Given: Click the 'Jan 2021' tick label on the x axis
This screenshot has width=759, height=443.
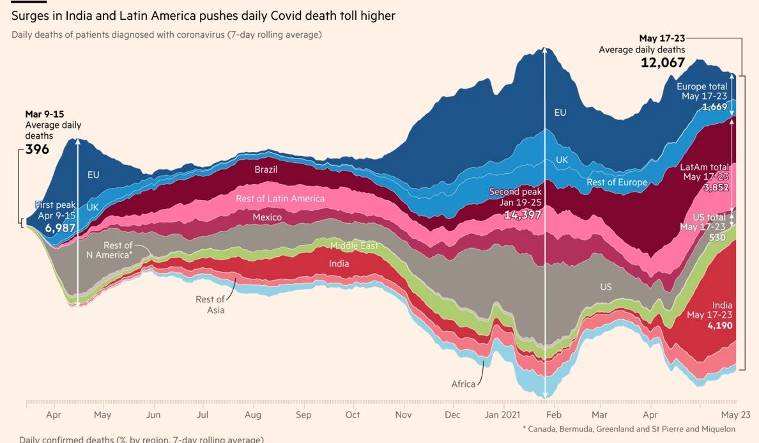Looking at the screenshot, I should click(503, 415).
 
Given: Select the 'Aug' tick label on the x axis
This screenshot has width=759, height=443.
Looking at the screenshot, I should click(252, 415).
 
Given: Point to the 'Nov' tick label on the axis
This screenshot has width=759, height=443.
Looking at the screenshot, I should click(403, 415).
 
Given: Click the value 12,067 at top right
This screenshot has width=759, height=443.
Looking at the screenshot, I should click(663, 63).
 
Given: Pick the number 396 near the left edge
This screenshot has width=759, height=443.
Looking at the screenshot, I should click(37, 150).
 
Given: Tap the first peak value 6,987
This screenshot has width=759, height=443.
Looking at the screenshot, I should click(60, 228).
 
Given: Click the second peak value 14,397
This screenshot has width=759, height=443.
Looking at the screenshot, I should click(523, 215).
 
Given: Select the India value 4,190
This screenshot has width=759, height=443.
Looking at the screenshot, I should click(719, 325).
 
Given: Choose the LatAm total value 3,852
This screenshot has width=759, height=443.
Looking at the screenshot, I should click(716, 187).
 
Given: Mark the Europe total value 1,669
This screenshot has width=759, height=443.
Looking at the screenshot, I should click(714, 107).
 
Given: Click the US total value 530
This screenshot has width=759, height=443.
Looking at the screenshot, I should click(717, 237).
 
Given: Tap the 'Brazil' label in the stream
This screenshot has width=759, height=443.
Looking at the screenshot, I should click(266, 169).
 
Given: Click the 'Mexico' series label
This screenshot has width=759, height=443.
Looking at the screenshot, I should click(267, 217).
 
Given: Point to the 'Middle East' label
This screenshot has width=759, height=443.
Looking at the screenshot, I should click(354, 245).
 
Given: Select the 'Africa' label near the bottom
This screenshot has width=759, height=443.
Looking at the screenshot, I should click(463, 384).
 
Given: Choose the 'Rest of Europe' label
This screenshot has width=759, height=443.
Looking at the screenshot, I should click(617, 182).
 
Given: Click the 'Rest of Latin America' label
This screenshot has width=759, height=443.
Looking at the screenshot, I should click(280, 198).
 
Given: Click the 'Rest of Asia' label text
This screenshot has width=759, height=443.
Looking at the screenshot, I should click(211, 304).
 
